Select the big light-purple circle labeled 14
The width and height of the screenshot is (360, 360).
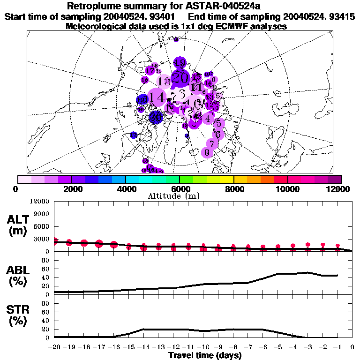158,97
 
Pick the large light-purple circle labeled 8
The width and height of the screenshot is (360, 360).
207,152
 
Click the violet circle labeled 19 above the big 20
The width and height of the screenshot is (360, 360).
180,62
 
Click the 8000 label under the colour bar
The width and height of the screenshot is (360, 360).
233,189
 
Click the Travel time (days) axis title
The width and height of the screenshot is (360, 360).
205,355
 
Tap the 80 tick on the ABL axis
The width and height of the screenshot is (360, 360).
46,269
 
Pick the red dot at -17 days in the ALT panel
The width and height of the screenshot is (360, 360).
99,243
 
